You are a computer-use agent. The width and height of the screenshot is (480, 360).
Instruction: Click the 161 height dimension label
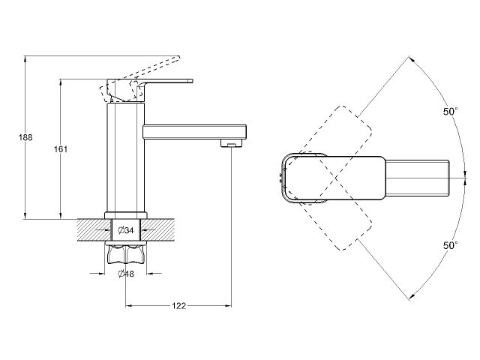tap(61, 149)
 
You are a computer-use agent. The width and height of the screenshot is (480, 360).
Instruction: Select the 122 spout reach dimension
tap(179, 306)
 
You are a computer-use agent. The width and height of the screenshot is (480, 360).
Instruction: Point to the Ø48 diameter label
tap(125, 274)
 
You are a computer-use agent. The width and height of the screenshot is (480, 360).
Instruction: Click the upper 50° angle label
tap(449, 112)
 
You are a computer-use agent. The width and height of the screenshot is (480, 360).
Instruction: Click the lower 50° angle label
tap(449, 245)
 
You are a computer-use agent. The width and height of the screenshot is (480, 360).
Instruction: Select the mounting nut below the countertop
tap(125, 257)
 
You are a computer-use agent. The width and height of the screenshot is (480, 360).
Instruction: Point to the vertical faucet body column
tap(125, 157)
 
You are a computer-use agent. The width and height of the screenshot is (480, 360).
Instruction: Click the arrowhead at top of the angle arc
tap(411, 58)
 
